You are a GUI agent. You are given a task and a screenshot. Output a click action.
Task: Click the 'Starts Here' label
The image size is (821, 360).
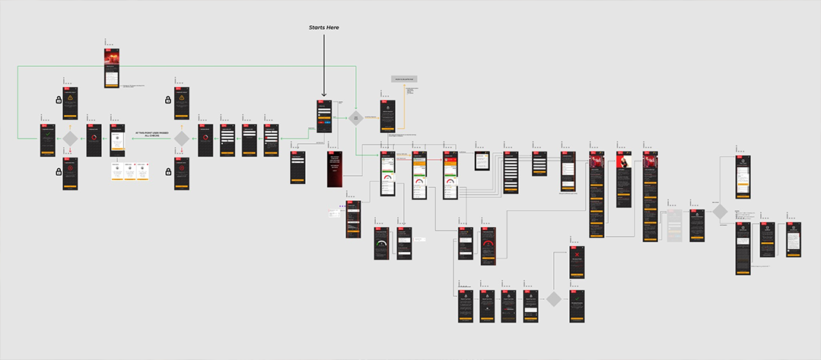coord(323,27)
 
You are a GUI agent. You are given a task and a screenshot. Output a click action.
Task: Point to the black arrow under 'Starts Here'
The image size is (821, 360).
coord(323,65)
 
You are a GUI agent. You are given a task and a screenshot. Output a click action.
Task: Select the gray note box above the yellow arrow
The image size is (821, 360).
coord(404,78)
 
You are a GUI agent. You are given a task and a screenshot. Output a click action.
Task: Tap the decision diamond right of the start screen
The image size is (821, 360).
coord(355,117)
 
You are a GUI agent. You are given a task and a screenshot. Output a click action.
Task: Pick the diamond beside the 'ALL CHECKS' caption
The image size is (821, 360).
coord(181,139)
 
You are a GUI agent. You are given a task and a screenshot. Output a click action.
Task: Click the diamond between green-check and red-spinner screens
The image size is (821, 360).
coord(70,139)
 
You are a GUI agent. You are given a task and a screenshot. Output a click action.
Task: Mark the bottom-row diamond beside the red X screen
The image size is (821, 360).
coord(553,298)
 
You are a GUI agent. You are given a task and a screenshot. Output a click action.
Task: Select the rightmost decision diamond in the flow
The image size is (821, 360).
coord(719,212)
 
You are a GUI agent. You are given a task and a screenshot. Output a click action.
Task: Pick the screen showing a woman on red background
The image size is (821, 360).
coord(624,179)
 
